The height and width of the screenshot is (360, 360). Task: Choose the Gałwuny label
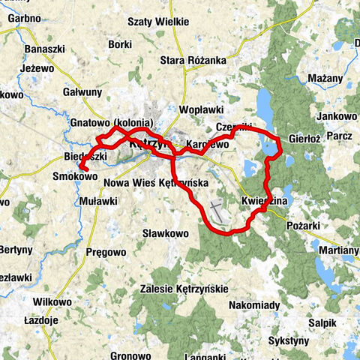point(82,91)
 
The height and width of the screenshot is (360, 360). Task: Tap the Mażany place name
point(325,77)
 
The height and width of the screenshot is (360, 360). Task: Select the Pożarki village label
point(303,223)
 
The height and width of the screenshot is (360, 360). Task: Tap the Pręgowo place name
point(106,252)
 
